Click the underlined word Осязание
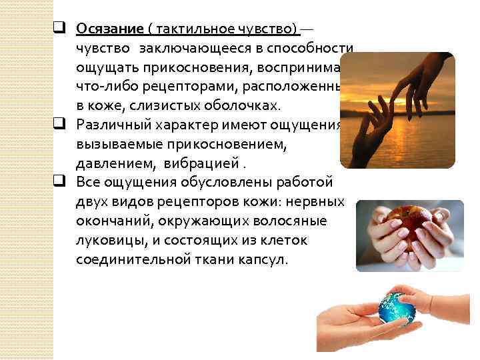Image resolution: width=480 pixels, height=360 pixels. coord(110,29)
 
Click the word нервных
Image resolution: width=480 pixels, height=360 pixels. coord(319,201)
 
